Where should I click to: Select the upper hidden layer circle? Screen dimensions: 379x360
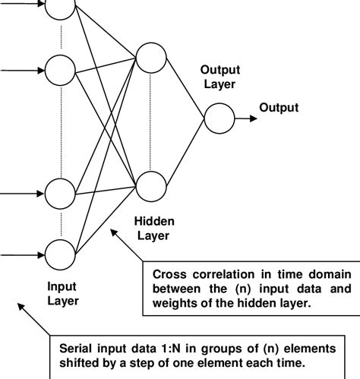click(151, 55)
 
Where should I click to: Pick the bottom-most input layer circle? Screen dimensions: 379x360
click(61, 253)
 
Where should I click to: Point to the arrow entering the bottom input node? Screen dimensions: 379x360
click(23, 253)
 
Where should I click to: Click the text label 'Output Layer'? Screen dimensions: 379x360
click(218, 76)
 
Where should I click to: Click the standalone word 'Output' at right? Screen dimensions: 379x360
click(279, 108)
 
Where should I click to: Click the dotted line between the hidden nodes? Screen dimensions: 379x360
click(151, 119)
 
